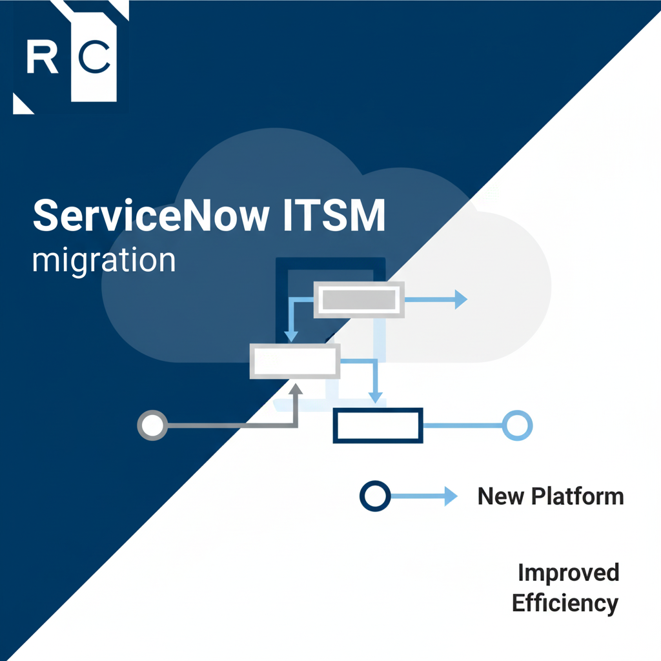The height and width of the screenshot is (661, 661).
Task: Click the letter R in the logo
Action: [42, 57]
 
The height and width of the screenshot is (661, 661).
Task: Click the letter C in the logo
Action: [94, 57]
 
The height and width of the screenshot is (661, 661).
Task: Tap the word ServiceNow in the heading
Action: [151, 216]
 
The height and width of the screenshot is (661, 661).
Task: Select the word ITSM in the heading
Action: [334, 216]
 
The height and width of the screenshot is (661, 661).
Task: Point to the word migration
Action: [104, 261]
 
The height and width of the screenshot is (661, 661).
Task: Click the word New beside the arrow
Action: [501, 496]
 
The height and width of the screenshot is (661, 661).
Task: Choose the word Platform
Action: [578, 496]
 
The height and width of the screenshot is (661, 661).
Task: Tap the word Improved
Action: [569, 573]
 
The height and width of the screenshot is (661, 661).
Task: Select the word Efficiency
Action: [565, 604]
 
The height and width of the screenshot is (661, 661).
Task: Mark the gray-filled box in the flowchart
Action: [359, 300]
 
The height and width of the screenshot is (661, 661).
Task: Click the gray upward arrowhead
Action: [296, 389]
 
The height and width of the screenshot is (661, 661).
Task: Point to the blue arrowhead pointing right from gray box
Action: [461, 300]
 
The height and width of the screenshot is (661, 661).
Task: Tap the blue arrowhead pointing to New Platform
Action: [451, 496]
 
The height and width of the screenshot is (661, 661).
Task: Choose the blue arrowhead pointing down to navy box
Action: [376, 398]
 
